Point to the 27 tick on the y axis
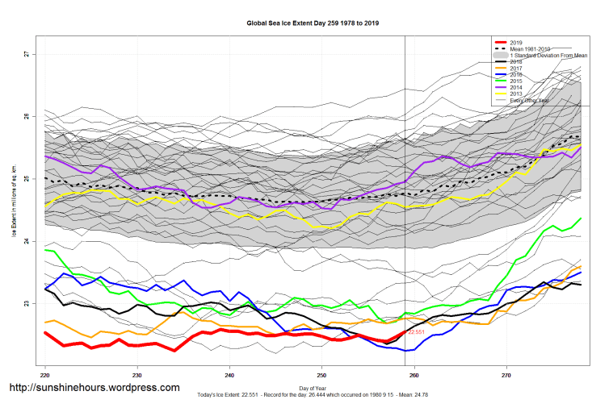tap(27, 54)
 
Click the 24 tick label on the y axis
tap(27, 241)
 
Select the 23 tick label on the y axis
tap(27, 304)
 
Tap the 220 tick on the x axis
tap(45, 375)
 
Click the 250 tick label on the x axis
tap(322, 375)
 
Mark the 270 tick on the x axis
tap(506, 375)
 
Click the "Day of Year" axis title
tap(313, 389)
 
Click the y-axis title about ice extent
tap(14, 202)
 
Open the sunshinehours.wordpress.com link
tap(94, 388)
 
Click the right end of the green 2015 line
tap(580, 219)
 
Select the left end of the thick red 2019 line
tap(46, 332)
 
